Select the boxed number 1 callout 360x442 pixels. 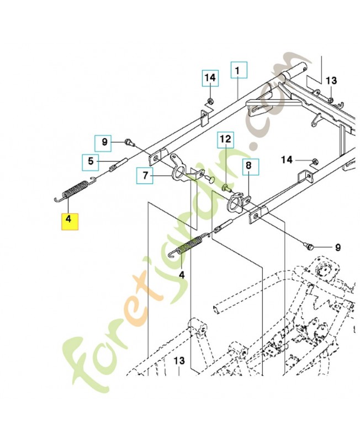click(238, 71)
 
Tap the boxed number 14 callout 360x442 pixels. click(209, 78)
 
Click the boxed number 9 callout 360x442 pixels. click(104, 143)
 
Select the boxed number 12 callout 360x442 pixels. click(226, 140)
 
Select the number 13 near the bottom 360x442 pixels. click(178, 360)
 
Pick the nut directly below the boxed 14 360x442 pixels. click(210, 101)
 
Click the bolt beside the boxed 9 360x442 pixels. click(128, 143)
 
